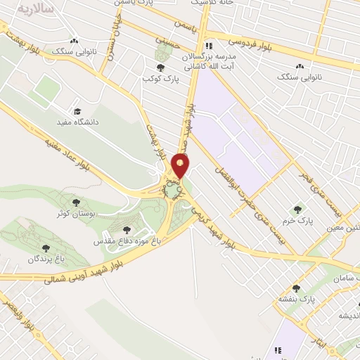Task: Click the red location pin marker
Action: pyautogui.click(x=181, y=167)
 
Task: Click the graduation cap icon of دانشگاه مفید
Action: pyautogui.click(x=77, y=111)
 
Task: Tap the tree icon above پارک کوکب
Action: pyautogui.click(x=160, y=68)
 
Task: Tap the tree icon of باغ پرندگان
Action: pyautogui.click(x=46, y=247)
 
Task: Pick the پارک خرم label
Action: pyautogui.click(x=302, y=221)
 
